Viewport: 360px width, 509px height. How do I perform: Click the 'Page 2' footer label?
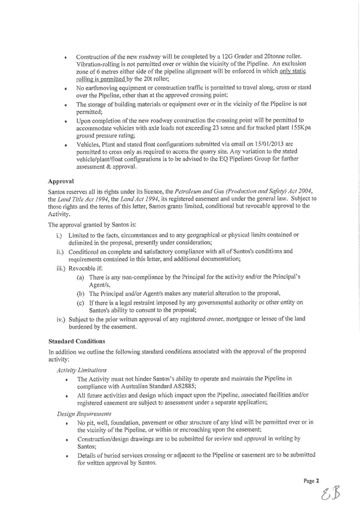[x=311, y=480]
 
